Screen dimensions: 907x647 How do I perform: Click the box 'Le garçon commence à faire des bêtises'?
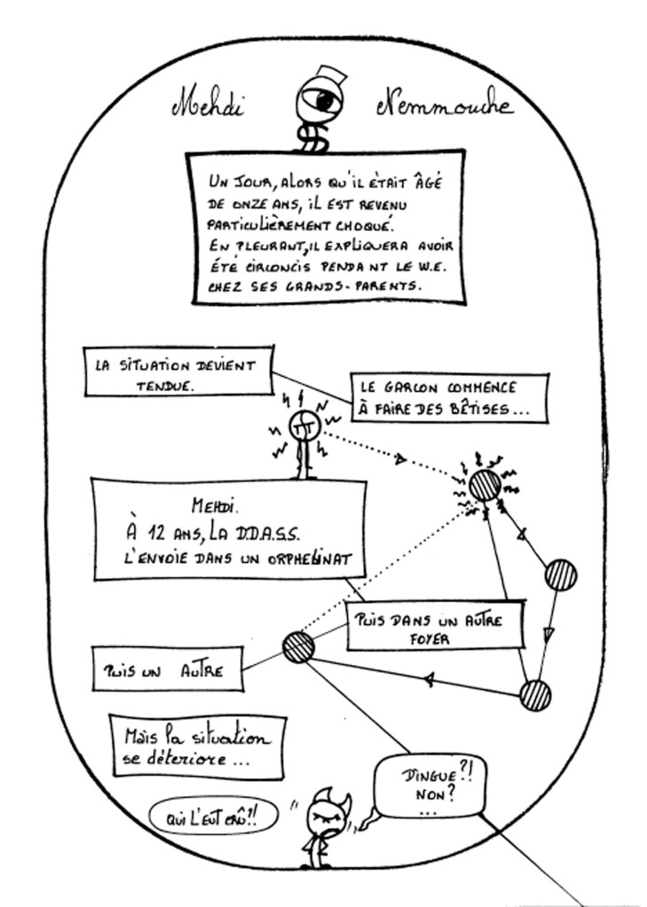(447, 398)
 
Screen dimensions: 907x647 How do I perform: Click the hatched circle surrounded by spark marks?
(485, 486)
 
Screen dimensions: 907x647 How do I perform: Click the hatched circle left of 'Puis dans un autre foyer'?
(298, 646)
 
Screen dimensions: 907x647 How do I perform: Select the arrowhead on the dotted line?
(401, 460)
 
